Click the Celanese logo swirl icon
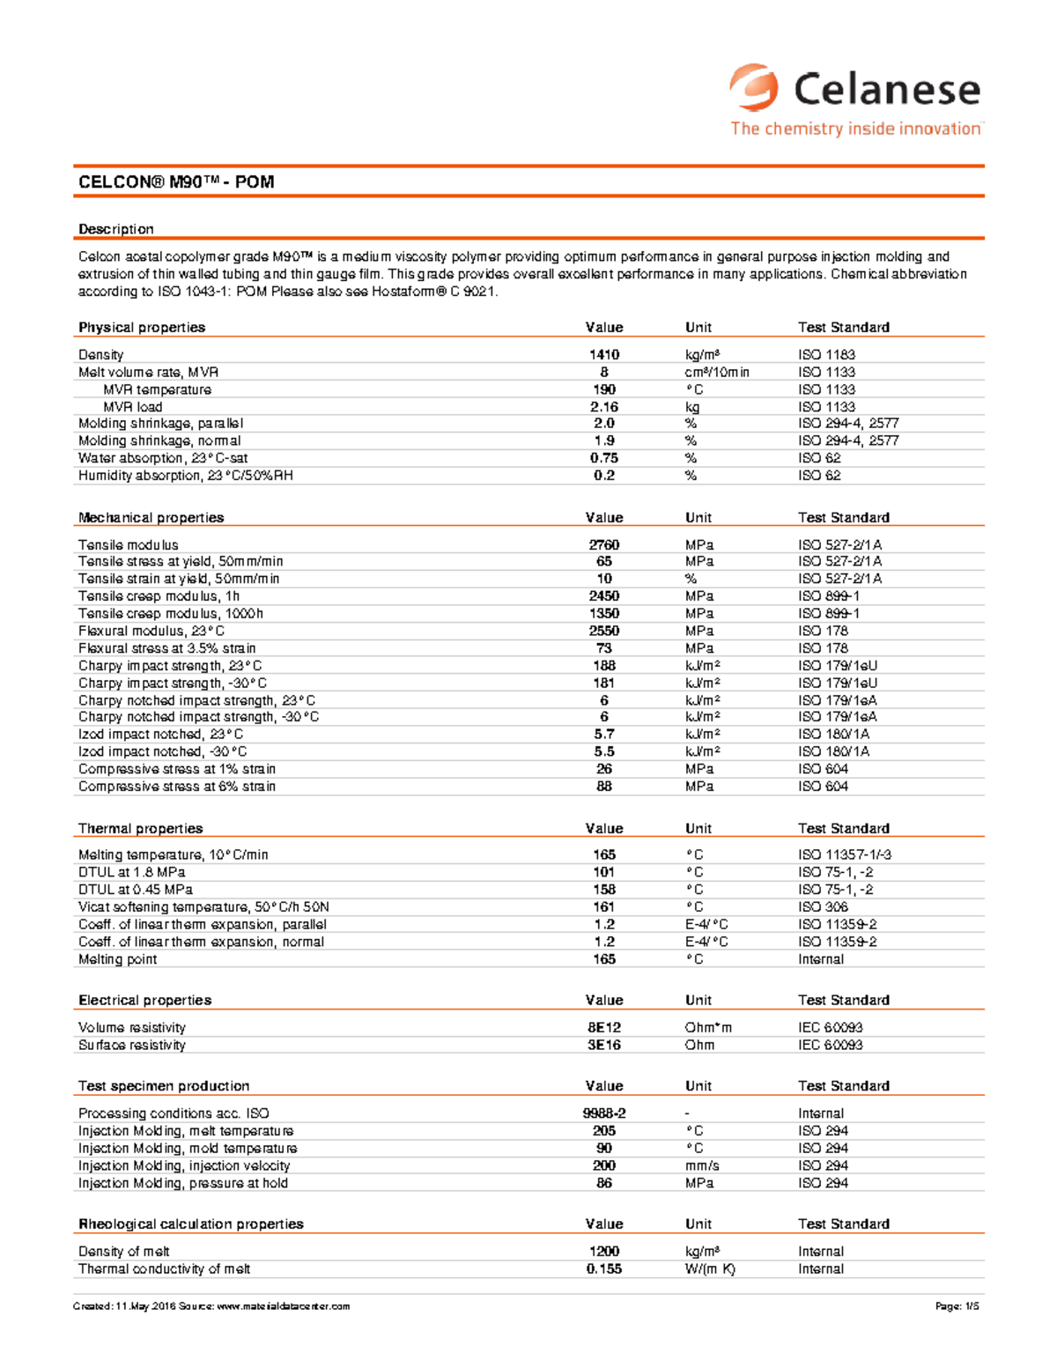[x=754, y=87]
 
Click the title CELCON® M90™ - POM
[x=176, y=182]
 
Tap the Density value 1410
[x=604, y=355]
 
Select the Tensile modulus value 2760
[x=604, y=545]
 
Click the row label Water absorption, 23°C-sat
[x=163, y=458]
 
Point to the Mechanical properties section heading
[x=151, y=518]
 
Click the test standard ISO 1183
[x=826, y=355]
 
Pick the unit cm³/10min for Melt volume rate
[x=717, y=373]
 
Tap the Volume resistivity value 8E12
[x=604, y=1028]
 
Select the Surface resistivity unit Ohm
[x=699, y=1046]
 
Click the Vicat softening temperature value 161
[x=604, y=907]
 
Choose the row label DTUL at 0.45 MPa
[x=136, y=890]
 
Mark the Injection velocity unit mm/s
[x=702, y=1165]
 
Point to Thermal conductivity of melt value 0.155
[x=604, y=1269]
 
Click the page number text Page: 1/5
[x=957, y=1306]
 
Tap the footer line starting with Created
[x=211, y=1306]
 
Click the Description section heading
[x=116, y=229]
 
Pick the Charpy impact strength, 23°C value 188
[x=604, y=666]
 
